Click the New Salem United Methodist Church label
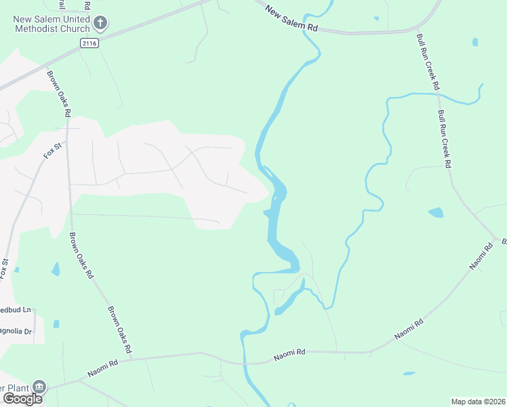coord(52,24)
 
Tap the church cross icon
coord(100,24)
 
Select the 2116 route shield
coord(89,43)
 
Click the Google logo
coord(22,398)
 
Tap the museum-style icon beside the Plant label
coord(39,387)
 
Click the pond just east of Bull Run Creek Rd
coord(436,212)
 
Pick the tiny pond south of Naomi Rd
coord(408,373)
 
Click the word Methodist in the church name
coord(38,28)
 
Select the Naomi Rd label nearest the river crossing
coord(289,353)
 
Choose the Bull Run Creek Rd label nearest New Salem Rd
coord(428,71)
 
